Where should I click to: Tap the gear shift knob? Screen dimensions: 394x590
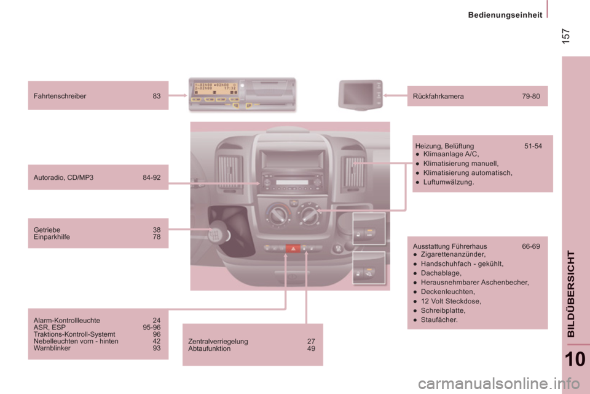pos(219,235)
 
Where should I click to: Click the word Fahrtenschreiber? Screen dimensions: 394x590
pos(60,96)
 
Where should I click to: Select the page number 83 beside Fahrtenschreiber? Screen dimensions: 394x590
pos(157,96)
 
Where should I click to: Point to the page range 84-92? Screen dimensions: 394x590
pos(152,177)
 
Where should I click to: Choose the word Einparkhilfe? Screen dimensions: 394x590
pos(52,236)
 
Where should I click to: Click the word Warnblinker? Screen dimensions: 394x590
pos(52,348)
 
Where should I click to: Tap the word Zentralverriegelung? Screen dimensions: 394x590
pos(218,342)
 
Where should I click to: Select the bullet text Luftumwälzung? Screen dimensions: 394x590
pos(449,182)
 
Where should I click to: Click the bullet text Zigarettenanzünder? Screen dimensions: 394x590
pos(453,254)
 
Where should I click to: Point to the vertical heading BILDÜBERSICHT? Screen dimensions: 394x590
pos(572,294)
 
